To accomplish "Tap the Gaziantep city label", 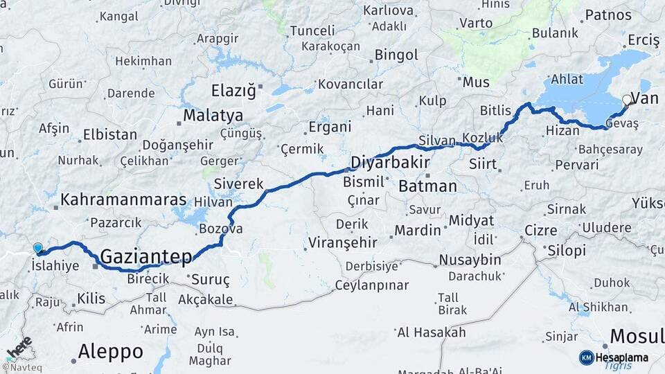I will (146, 257).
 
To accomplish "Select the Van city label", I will (645, 98).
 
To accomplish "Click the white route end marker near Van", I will (627, 100).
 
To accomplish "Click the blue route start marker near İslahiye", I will (37, 248).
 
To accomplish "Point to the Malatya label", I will (213, 115).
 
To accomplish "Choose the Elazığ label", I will (233, 91).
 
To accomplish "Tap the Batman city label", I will (427, 186).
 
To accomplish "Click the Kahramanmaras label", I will (124, 200).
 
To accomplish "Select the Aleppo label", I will (110, 351).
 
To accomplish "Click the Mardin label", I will (418, 230).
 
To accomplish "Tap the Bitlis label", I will (495, 111).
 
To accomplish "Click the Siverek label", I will (239, 184).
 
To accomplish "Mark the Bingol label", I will (396, 55).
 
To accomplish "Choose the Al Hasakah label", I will (432, 332).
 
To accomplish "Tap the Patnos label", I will (608, 15).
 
